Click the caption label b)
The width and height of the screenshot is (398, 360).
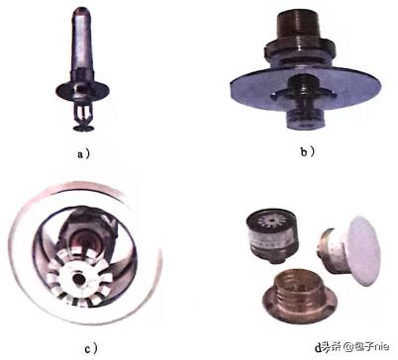click(x=308, y=151)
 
